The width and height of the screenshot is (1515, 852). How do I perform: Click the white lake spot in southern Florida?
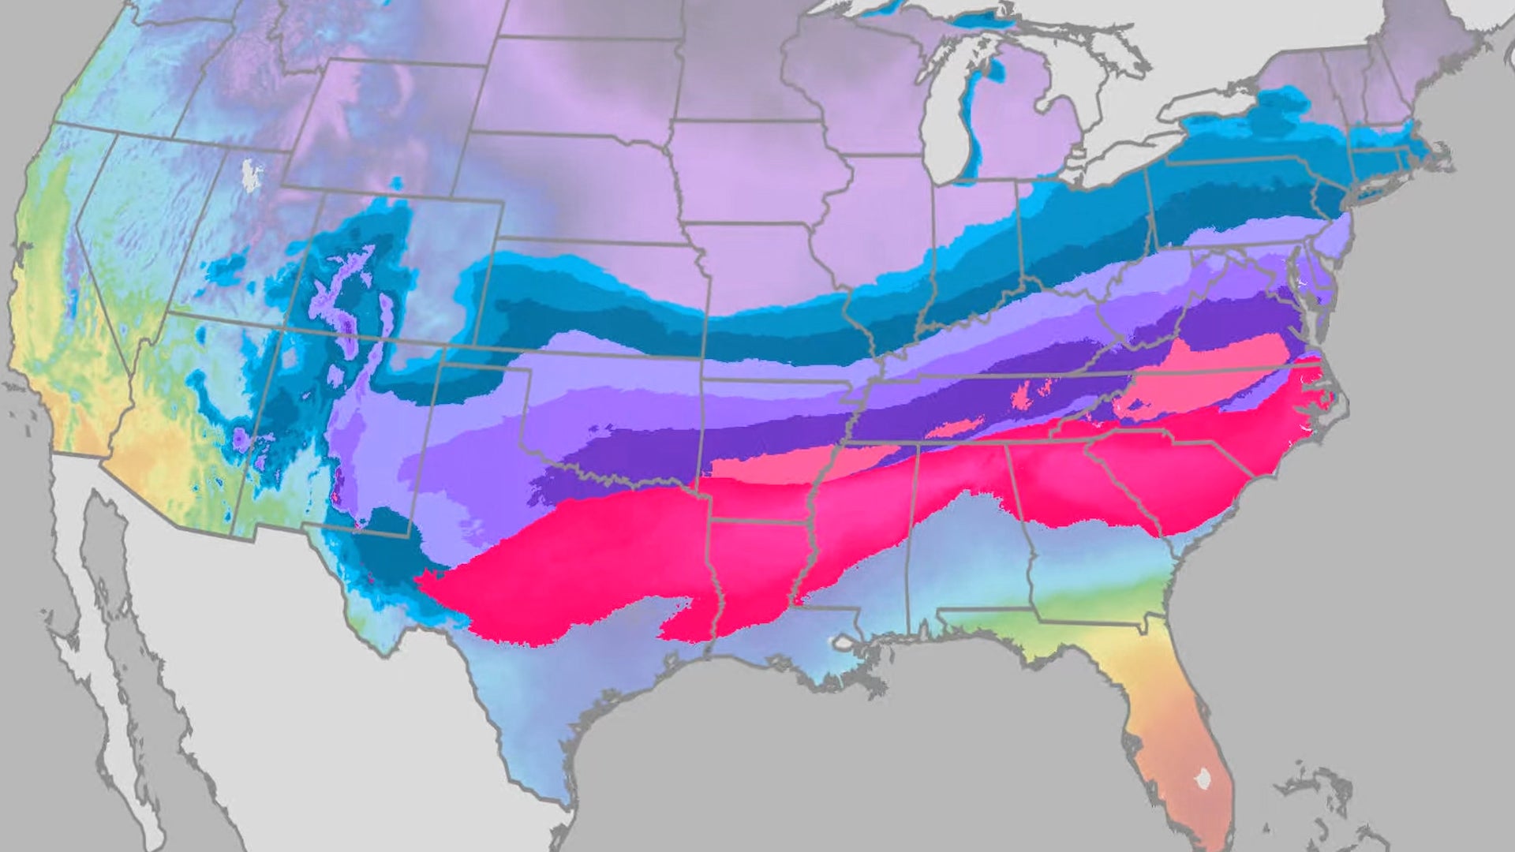tap(1203, 779)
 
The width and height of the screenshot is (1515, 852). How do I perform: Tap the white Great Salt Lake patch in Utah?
tap(251, 176)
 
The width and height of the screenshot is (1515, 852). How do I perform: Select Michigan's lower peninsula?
tap(1034, 134)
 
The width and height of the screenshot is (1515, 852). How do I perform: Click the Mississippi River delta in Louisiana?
tap(868, 678)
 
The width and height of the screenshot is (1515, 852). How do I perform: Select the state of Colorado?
tap(395, 268)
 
